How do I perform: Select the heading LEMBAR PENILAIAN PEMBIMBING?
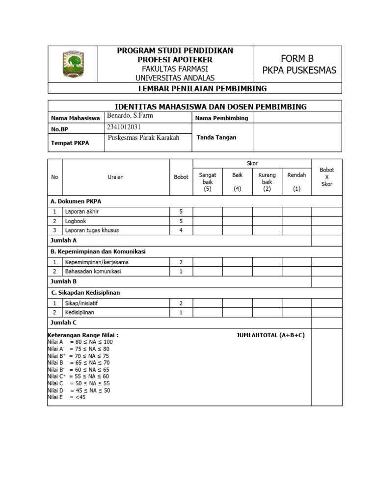[195, 88]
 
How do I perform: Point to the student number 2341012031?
[127, 127]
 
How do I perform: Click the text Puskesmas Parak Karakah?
[143, 138]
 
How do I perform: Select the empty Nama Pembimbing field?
[297, 118]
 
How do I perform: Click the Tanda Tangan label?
[216, 138]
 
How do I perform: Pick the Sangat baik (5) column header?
[207, 182]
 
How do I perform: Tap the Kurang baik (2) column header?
[267, 182]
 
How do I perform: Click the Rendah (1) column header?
[296, 181]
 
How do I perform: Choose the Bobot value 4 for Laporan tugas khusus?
[181, 230]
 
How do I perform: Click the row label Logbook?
[76, 221]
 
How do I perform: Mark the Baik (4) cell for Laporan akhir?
[237, 212]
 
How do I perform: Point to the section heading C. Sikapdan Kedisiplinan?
[85, 293]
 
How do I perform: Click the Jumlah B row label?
[64, 282]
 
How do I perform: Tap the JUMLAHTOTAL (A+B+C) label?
[270, 335]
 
